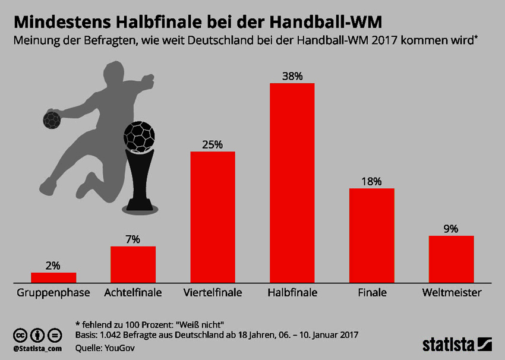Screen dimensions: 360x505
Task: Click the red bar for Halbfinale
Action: tap(292, 182)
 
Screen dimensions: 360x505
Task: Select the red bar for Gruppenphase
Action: tap(53, 277)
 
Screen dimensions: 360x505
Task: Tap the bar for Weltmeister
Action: tap(451, 258)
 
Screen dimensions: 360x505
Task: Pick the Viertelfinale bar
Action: tap(212, 217)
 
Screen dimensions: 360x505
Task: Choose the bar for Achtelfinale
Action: tap(132, 264)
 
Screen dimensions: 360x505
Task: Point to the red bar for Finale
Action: tap(371, 235)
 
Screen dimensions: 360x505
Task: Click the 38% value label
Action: tap(292, 76)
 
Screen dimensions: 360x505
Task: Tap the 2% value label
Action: tap(53, 266)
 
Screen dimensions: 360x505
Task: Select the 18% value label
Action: tap(371, 181)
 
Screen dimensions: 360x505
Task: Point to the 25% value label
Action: tap(212, 144)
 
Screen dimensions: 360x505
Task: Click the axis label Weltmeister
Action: tap(452, 293)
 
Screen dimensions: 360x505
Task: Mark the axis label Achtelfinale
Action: tap(132, 293)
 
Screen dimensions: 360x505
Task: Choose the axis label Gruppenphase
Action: tap(53, 293)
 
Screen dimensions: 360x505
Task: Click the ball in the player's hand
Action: tap(52, 119)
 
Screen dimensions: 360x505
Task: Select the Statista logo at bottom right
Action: tap(457, 344)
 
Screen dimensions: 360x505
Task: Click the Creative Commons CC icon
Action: tap(20, 334)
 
